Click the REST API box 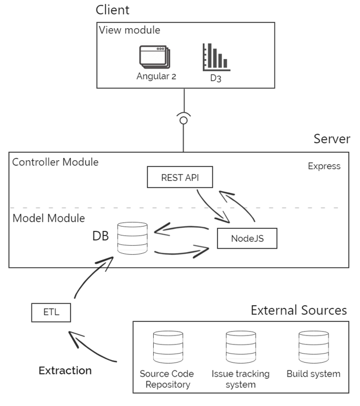(x=180, y=177)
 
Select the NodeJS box (x=247, y=239)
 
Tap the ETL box (x=51, y=312)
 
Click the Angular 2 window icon (x=155, y=57)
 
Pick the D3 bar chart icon (x=216, y=57)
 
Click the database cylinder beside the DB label (x=132, y=237)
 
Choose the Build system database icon (x=313, y=348)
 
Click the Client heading (x=112, y=10)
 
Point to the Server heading (x=331, y=139)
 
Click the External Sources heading (x=299, y=311)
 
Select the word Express (x=324, y=166)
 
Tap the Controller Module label (x=55, y=162)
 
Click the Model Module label (x=48, y=218)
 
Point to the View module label (x=130, y=30)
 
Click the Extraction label (x=65, y=370)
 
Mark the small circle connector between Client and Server (x=183, y=120)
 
